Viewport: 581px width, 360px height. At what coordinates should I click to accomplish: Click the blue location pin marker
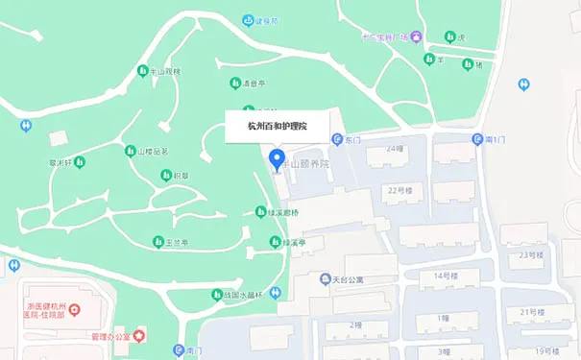click(x=277, y=159)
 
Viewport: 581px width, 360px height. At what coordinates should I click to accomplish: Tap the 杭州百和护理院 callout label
click(x=277, y=126)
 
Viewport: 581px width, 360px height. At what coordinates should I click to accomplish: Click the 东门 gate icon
click(x=337, y=140)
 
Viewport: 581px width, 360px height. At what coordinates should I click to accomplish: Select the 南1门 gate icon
click(x=477, y=140)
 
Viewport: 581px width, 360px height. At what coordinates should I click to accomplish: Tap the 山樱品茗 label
click(x=153, y=151)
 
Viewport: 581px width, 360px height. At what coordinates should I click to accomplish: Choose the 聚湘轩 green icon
click(x=79, y=161)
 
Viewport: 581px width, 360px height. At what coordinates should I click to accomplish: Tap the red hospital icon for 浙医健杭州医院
click(x=77, y=310)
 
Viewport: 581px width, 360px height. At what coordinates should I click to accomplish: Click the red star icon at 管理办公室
click(x=139, y=336)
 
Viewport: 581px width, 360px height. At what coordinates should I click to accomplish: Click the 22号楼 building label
click(x=399, y=190)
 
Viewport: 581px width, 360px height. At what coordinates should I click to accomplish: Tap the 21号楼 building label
click(x=533, y=312)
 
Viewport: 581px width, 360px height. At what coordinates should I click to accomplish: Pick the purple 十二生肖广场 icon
click(x=404, y=36)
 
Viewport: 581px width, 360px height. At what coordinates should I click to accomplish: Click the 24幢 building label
click(x=394, y=149)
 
